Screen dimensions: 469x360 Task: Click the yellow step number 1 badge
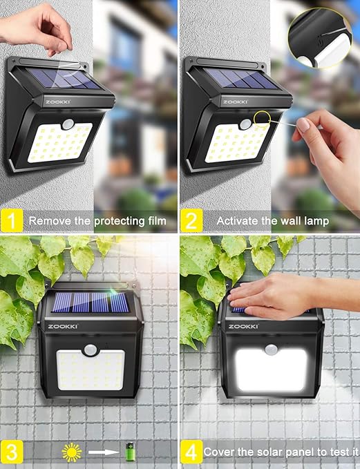tap(12, 221)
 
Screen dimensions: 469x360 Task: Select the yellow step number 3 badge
tap(12, 452)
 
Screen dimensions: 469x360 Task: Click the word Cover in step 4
tap(219, 452)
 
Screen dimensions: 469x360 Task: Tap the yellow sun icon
tap(72, 452)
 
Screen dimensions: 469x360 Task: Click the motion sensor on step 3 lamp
tap(91, 350)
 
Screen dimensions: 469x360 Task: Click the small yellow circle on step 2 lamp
tap(262, 119)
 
